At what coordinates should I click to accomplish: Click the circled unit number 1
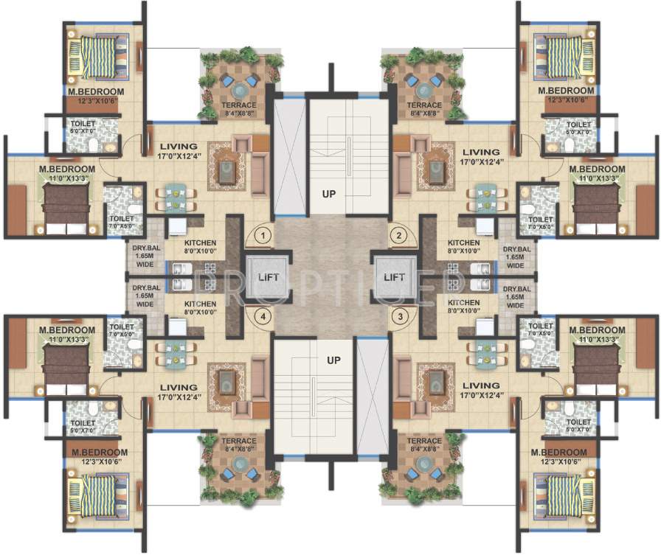[262, 236]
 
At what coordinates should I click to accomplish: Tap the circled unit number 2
[399, 236]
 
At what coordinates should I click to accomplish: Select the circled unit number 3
[399, 317]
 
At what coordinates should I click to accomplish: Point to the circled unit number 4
[262, 317]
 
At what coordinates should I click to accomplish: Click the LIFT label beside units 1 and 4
[267, 277]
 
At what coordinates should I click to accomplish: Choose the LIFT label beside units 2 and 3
[395, 277]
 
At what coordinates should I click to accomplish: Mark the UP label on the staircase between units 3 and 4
[333, 360]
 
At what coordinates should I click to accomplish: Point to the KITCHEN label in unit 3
[463, 304]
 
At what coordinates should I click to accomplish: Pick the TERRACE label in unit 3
[423, 441]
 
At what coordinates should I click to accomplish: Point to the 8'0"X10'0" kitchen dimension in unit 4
[200, 312]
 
